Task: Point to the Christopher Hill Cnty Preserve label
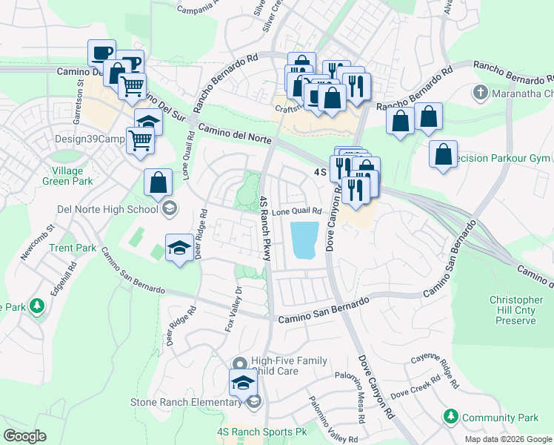click(512, 310)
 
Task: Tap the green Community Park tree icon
click(450, 418)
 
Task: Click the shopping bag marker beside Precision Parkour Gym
click(443, 154)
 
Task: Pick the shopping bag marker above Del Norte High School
click(158, 182)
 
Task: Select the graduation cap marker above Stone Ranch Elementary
click(241, 383)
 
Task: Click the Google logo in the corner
click(24, 435)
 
